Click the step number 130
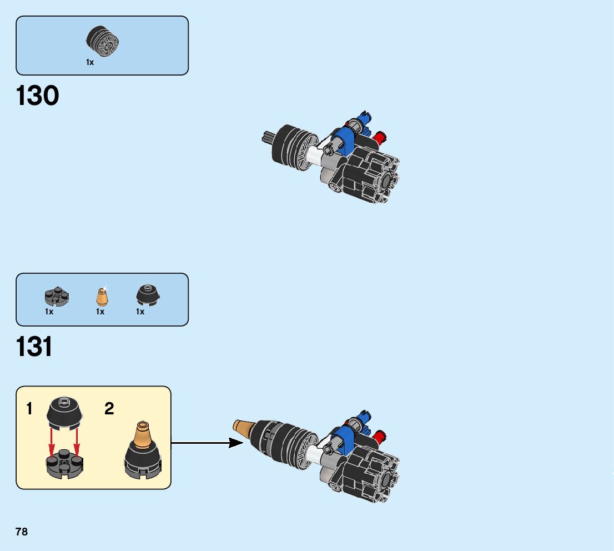point(38,96)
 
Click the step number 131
point(34,347)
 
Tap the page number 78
point(22,532)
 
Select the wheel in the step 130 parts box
point(103,42)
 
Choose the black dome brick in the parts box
point(148,295)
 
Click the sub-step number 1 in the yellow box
point(29,409)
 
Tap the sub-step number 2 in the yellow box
point(109,409)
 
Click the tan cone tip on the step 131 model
point(241,427)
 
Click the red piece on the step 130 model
point(380,137)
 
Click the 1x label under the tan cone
point(100,312)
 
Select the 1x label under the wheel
point(90,63)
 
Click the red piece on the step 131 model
point(380,434)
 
